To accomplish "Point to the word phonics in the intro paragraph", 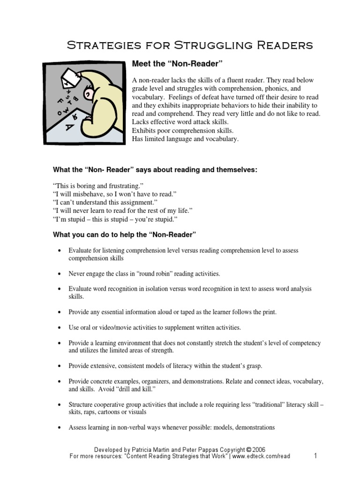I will click(x=255, y=89).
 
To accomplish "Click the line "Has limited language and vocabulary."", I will click(x=186, y=139).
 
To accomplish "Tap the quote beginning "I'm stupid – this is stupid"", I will click(x=115, y=219).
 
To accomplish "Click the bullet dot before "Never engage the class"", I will click(x=59, y=274).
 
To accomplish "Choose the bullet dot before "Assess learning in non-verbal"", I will click(x=59, y=428).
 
